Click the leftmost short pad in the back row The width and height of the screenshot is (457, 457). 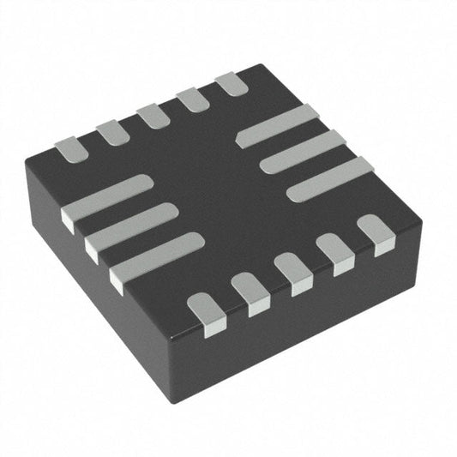(x=71, y=149)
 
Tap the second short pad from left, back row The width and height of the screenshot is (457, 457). (x=111, y=132)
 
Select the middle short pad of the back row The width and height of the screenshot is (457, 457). (x=153, y=116)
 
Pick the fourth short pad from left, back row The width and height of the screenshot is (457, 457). (x=192, y=100)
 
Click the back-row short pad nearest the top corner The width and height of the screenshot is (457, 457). (x=230, y=84)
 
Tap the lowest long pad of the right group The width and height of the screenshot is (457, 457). (x=329, y=178)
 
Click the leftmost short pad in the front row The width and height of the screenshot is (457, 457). (x=206, y=310)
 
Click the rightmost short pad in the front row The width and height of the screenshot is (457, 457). (x=375, y=232)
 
